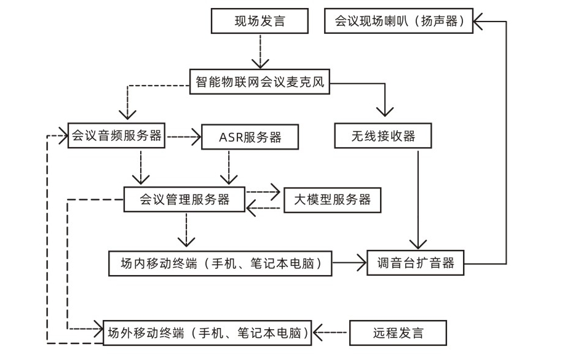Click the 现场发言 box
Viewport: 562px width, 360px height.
click(x=259, y=22)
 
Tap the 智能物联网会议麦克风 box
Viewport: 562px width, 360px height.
click(x=259, y=81)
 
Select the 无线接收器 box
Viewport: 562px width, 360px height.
click(x=383, y=136)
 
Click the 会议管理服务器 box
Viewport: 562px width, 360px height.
click(x=184, y=199)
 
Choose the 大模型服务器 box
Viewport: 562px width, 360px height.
click(x=331, y=199)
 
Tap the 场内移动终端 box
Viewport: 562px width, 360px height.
click(x=220, y=263)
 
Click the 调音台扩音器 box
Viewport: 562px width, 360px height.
click(x=416, y=263)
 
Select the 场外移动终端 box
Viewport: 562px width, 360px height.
click(x=207, y=333)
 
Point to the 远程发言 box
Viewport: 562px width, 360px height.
click(x=398, y=334)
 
